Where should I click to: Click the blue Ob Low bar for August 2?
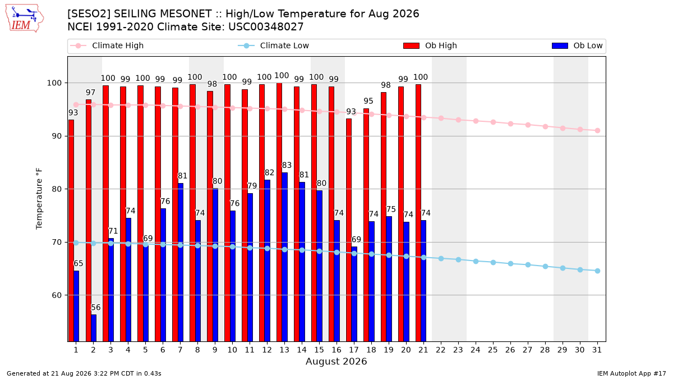tap(94, 328)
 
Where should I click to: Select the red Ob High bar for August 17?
tap(349, 230)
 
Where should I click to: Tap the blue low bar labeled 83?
tap(284, 257)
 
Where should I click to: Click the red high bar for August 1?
tap(71, 231)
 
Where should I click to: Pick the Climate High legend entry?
tap(107, 45)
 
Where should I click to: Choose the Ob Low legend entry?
tap(577, 45)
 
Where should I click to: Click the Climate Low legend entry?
tap(274, 45)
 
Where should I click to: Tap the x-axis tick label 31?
tap(597, 350)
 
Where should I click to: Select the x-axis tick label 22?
tap(441, 350)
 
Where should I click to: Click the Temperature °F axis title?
tap(39, 199)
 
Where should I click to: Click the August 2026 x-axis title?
tap(336, 361)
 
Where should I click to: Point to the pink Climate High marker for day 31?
tap(597, 130)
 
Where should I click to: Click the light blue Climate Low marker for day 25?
tap(493, 262)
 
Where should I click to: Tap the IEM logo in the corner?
tap(24, 18)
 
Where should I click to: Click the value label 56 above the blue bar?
tap(95, 308)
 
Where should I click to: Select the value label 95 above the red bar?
tap(368, 101)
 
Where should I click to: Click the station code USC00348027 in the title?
tap(266, 27)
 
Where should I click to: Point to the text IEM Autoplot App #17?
tap(631, 373)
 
